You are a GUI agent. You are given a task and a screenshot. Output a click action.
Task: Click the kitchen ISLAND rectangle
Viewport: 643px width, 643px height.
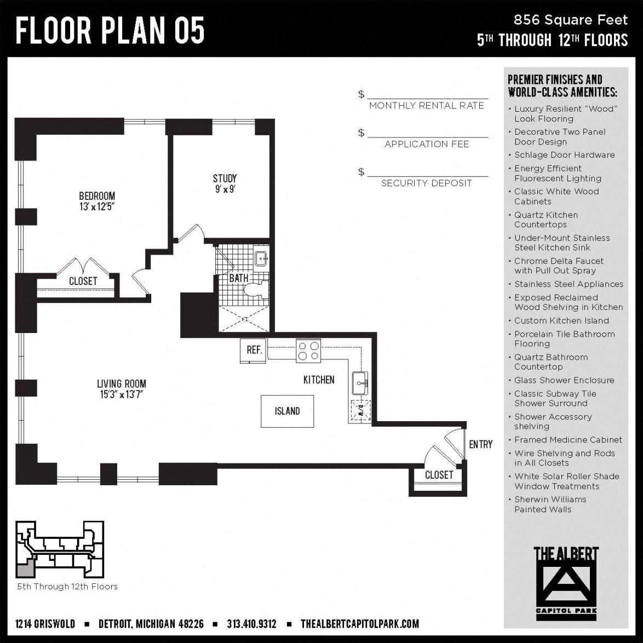[287, 411]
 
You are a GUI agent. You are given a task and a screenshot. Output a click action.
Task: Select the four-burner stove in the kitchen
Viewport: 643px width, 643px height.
[308, 351]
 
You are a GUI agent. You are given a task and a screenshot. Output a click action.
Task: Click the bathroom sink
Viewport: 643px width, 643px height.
[261, 259]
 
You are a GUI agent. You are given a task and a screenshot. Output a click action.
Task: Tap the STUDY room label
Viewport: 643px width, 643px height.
[225, 179]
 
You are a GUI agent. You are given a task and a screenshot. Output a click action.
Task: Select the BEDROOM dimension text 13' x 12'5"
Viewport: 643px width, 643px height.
[97, 207]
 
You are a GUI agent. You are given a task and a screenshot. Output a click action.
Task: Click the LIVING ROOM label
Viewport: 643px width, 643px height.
[122, 384]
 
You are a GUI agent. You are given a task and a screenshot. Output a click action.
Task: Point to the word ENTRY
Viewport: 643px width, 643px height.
[480, 444]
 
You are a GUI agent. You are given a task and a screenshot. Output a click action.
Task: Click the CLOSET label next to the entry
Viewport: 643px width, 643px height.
[439, 475]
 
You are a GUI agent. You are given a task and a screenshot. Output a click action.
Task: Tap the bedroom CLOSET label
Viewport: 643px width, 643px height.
[83, 281]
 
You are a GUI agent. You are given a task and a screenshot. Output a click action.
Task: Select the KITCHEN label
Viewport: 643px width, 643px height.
[319, 380]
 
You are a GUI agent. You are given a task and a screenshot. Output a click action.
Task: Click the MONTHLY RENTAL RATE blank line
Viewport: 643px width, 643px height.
[427, 94]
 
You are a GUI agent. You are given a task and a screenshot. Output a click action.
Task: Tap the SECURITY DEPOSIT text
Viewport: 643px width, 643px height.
[427, 183]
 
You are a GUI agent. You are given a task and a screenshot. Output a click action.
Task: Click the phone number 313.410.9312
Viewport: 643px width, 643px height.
[251, 624]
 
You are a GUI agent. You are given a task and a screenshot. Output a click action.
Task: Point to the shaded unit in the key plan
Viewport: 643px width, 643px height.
[24, 571]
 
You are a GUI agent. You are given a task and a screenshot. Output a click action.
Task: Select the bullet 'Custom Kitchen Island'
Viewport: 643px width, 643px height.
[561, 321]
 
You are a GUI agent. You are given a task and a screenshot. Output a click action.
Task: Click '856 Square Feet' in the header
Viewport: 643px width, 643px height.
[570, 20]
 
